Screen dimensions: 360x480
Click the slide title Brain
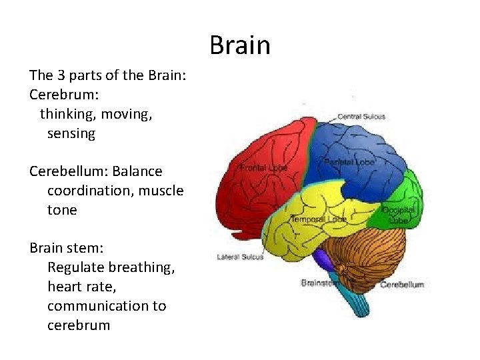tap(240, 46)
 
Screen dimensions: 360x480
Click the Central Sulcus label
tap(361, 117)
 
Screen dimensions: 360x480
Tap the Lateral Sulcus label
tap(240, 257)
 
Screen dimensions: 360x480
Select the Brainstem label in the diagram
tap(319, 283)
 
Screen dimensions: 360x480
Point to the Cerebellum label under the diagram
tap(401, 285)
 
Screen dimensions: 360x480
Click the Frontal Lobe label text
tap(263, 168)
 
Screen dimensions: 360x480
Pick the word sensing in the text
tap(71, 133)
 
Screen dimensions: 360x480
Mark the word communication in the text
tap(107, 306)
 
